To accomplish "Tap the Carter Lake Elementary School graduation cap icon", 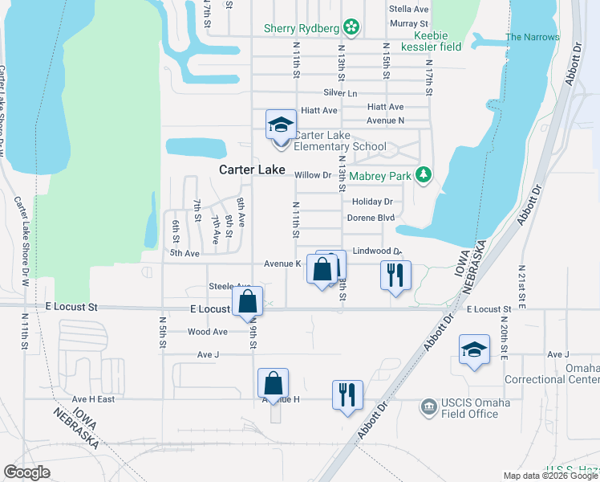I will click(x=281, y=125).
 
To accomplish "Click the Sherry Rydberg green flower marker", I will click(x=351, y=29).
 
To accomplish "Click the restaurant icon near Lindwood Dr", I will click(x=395, y=275).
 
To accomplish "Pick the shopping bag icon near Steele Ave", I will click(x=248, y=302).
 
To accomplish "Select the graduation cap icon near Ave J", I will click(x=474, y=349).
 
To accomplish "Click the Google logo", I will click(x=26, y=472).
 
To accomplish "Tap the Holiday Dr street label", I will click(x=372, y=202).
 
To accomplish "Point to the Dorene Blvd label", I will click(x=371, y=218).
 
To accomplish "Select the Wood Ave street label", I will click(x=208, y=332).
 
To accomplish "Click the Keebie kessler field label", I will click(x=437, y=41).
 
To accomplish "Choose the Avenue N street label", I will click(x=385, y=120).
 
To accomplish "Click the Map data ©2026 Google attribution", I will click(x=549, y=476).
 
